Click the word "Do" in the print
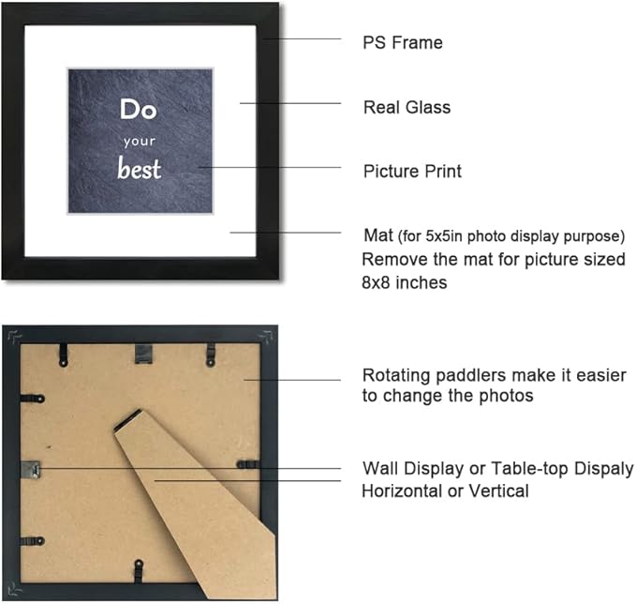[x=139, y=110]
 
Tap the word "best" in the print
[x=140, y=168]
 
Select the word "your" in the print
[x=140, y=142]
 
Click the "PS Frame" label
[x=403, y=42]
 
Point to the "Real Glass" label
[x=407, y=107]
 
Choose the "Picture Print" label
[x=412, y=172]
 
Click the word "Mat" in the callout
[x=378, y=235]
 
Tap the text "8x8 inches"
[x=404, y=282]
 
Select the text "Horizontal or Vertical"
[x=445, y=491]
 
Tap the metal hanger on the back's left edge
[x=30, y=470]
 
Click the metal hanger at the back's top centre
[x=143, y=353]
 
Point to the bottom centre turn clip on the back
[x=139, y=570]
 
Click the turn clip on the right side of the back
[x=248, y=464]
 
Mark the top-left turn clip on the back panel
[x=64, y=355]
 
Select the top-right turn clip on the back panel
[x=211, y=355]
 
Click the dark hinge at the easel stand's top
[x=128, y=419]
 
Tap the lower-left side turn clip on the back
[x=32, y=541]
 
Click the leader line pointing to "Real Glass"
[x=290, y=103]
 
